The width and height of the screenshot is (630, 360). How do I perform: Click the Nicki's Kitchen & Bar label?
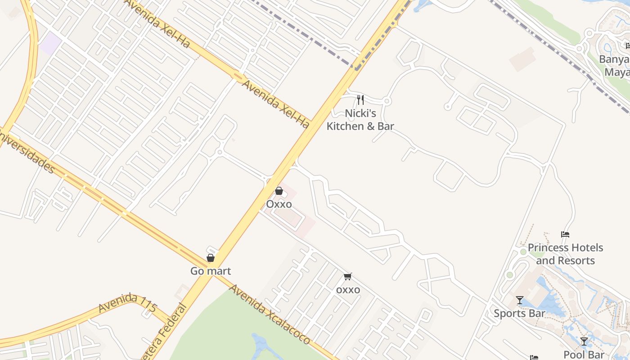360,120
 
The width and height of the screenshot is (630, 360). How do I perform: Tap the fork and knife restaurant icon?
360,99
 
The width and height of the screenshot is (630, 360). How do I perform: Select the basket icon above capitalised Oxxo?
279,191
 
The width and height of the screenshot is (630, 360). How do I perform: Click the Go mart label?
211,271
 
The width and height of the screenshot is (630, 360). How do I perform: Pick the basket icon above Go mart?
210,257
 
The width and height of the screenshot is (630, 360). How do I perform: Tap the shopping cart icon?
347,276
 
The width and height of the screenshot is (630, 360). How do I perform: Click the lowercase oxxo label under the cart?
348,290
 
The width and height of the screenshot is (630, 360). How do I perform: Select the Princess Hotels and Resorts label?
565,254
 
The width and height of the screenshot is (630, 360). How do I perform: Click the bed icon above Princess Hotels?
565,234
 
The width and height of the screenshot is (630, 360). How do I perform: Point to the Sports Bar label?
519,313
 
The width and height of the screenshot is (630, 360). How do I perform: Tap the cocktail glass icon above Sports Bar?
520,300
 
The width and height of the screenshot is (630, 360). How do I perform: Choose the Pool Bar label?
584,355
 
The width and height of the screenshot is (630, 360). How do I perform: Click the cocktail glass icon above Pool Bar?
584,341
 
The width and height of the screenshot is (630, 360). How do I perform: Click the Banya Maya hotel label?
616,66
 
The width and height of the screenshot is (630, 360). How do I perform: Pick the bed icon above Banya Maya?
628,45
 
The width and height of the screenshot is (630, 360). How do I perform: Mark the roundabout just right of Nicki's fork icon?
387,101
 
